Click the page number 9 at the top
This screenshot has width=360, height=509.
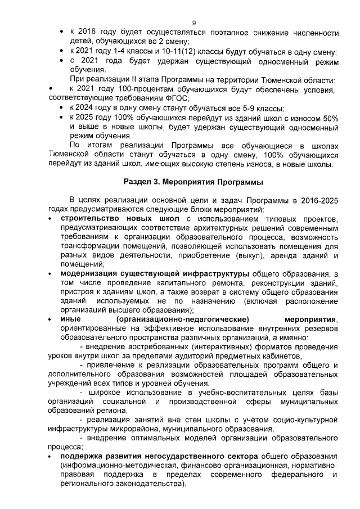tap(193, 23)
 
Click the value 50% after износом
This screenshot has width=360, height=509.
tap(328, 118)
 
